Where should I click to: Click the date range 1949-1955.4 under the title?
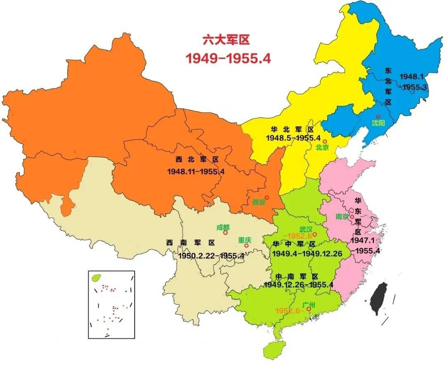point(228,58)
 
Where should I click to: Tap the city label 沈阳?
point(378,123)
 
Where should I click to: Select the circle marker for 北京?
point(325,141)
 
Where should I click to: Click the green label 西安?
point(259,202)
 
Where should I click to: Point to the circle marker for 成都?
point(225,233)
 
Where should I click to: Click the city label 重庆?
point(244,240)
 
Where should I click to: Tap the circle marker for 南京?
point(352,217)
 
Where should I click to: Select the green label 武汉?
point(306,229)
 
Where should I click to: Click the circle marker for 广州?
point(308,309)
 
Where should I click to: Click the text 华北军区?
point(292,129)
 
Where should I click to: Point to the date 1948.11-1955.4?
point(196,172)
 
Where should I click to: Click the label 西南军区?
point(190,243)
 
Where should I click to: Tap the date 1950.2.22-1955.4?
point(211,256)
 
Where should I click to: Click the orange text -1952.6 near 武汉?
point(297,236)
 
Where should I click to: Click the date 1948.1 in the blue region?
point(412,76)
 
